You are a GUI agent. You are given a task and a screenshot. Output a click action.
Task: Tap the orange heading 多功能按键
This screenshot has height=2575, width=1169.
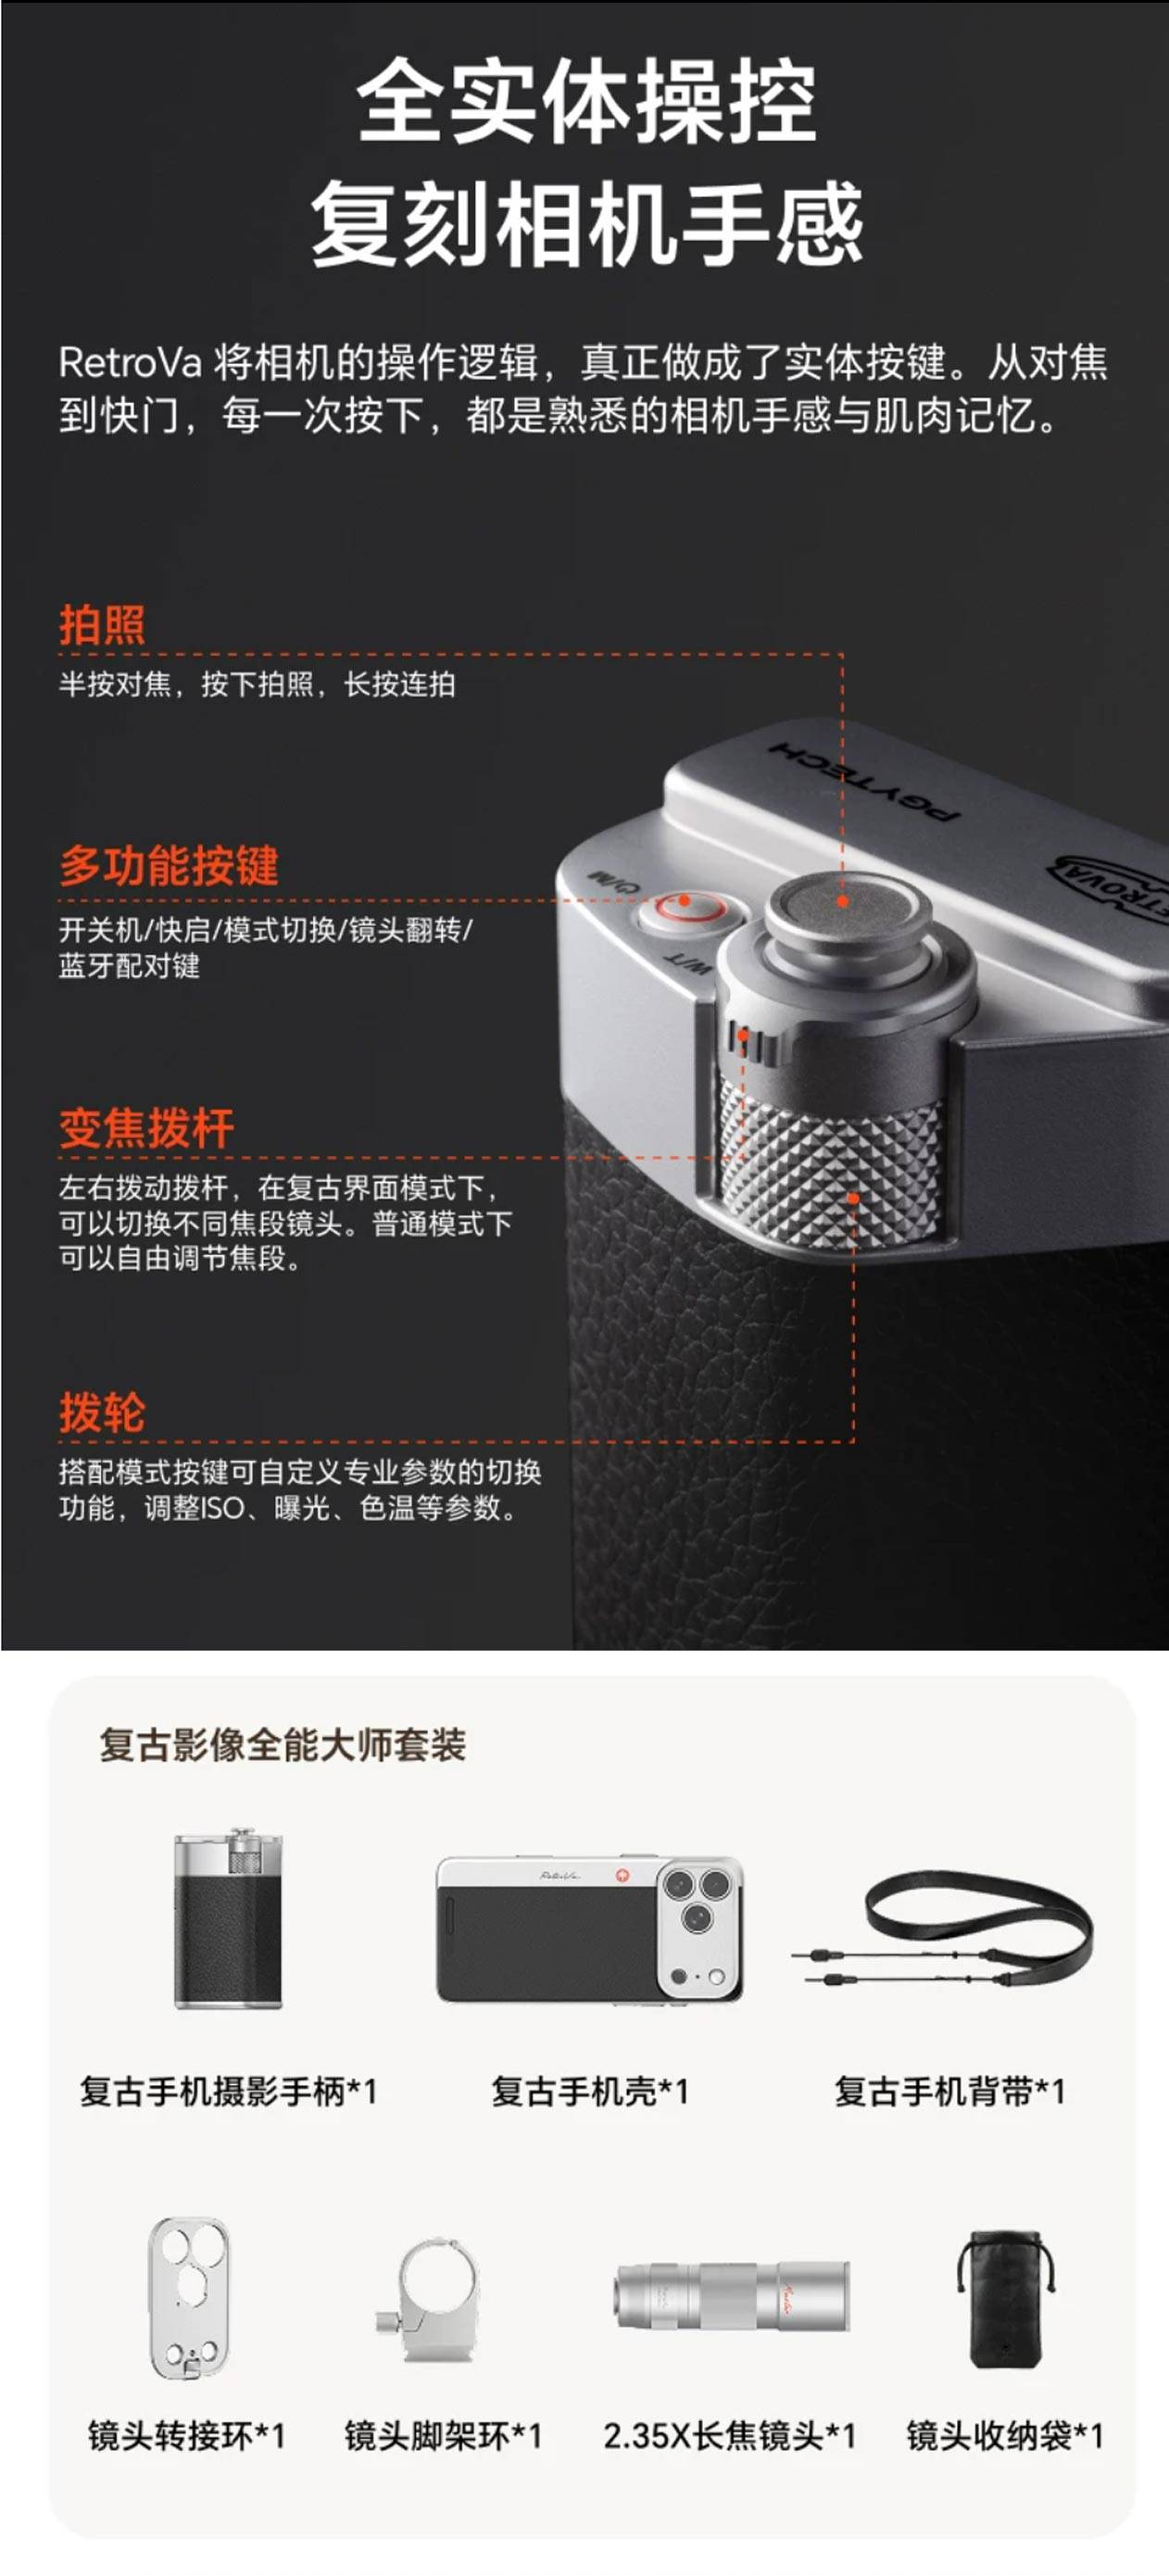[x=169, y=866]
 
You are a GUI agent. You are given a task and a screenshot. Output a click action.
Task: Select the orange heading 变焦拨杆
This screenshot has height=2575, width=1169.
[x=147, y=1129]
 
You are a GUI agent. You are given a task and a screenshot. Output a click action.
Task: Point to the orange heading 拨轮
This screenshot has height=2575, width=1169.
[x=102, y=1413]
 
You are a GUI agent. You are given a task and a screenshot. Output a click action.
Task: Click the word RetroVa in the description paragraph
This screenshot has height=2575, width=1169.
[x=131, y=362]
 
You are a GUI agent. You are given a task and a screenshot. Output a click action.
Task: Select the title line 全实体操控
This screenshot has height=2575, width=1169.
[x=586, y=101]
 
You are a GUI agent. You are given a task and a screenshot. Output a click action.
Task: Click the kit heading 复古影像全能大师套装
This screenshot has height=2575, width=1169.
[x=283, y=1744]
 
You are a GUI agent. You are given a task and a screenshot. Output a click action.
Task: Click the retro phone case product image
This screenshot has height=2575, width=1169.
[x=590, y=1928]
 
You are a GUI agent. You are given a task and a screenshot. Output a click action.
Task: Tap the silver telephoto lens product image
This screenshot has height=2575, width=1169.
[x=732, y=2296]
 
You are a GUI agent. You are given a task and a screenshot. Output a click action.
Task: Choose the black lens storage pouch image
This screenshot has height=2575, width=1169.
[x=1006, y=2298]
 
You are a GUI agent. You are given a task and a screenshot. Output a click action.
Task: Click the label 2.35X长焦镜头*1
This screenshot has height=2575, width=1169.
[x=729, y=2435]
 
